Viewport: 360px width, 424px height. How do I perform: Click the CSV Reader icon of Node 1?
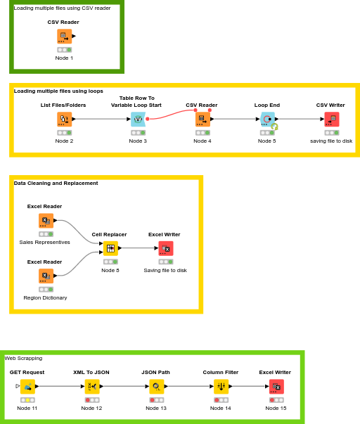64,36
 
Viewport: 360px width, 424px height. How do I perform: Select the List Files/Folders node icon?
64,119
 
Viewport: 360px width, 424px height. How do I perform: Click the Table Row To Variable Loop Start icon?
138,119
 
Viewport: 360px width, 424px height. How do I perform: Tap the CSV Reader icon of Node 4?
202,119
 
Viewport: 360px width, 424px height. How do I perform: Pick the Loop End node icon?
267,119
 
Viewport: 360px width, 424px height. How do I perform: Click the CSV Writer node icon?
331,119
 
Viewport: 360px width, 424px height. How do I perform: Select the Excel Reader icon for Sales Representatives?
46,221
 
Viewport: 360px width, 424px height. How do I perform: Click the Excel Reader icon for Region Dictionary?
46,276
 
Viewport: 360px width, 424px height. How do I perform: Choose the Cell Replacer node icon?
110,248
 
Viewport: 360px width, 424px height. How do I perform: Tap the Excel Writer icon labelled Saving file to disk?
166,248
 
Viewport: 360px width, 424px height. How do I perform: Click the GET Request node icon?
28,386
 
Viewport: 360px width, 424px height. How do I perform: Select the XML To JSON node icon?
92,386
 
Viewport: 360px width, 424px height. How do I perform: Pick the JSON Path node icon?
156,386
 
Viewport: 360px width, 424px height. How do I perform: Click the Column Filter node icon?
221,386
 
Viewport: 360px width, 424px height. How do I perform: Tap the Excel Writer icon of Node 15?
276,386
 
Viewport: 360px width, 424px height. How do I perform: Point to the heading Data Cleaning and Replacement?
56,183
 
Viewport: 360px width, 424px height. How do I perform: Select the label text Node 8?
110,270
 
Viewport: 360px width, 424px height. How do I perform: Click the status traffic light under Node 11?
28,400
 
